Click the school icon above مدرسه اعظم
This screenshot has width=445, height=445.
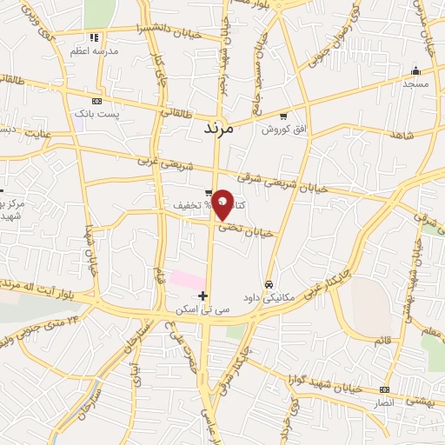click(x=94, y=37)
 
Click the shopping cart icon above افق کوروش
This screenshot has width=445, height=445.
click(x=282, y=115)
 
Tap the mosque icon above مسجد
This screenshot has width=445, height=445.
click(x=415, y=71)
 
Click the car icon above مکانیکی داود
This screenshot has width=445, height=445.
click(x=269, y=284)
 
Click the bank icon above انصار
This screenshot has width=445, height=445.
click(x=385, y=389)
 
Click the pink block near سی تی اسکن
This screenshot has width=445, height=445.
click(x=185, y=280)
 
